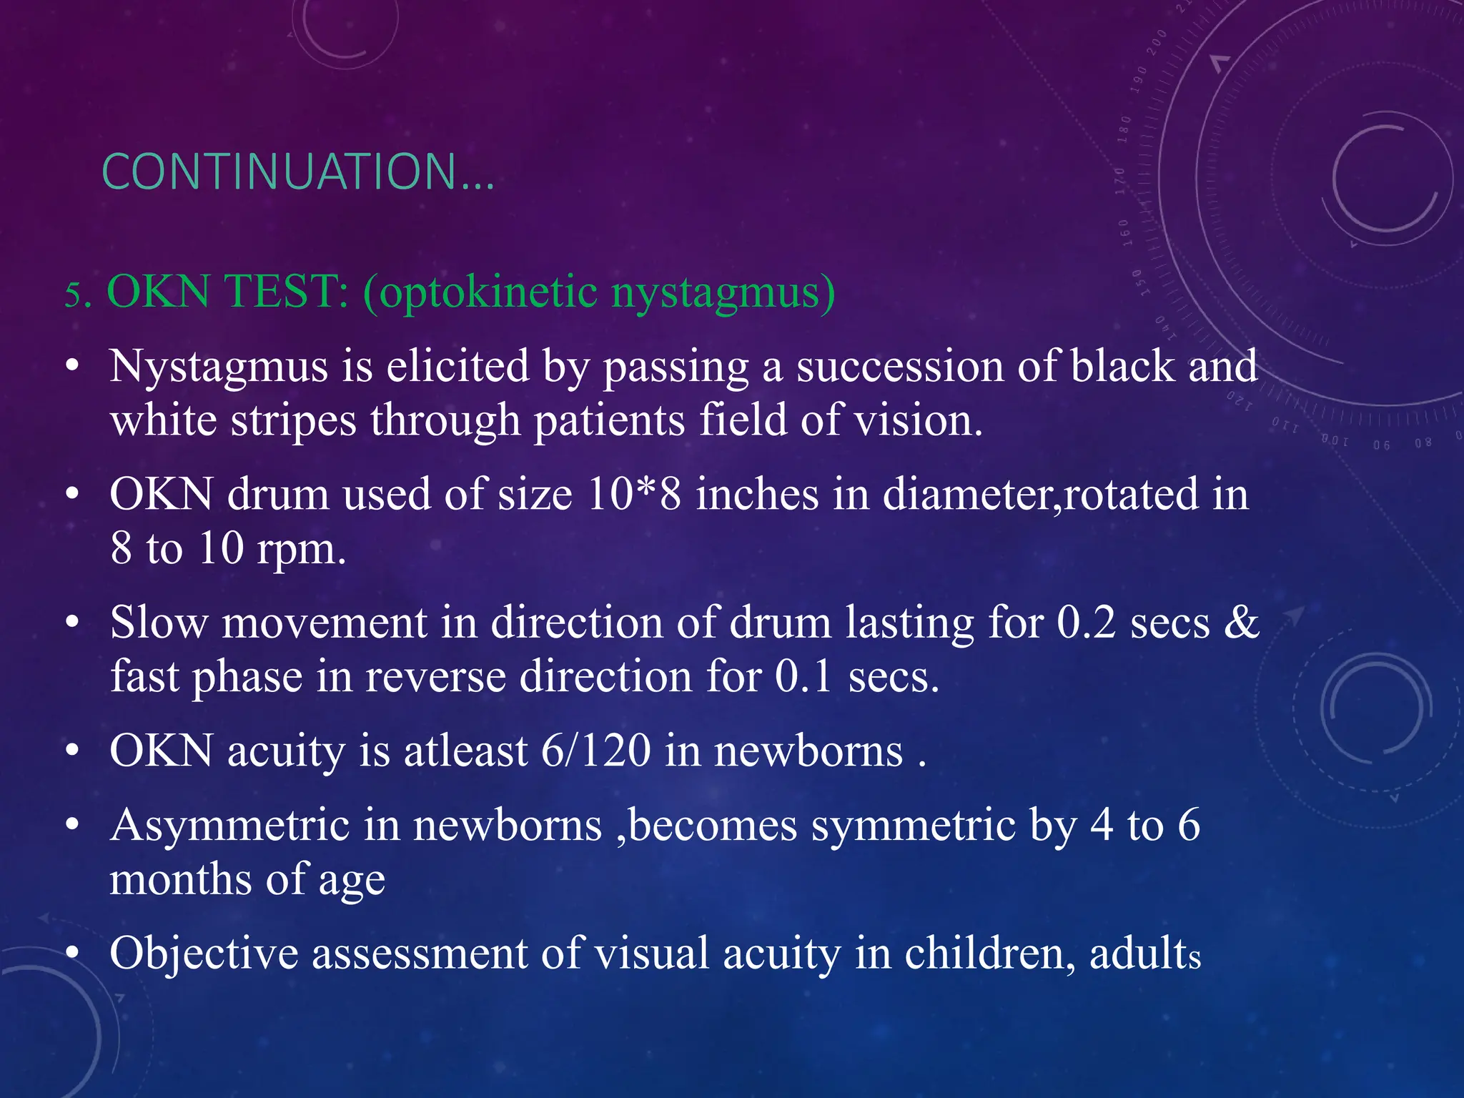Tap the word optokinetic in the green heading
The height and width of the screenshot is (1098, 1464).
[489, 292]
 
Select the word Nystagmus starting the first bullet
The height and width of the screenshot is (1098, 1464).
[218, 367]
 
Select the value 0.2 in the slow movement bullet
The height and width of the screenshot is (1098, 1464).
[1086, 623]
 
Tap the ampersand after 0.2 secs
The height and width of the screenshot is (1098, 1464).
[1241, 623]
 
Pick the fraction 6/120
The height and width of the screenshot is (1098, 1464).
[595, 751]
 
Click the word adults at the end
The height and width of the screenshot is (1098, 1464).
[1144, 954]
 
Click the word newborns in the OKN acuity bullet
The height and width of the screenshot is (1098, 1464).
[808, 751]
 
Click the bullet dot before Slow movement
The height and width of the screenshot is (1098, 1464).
[71, 624]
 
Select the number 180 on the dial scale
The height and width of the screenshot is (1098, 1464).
[1124, 129]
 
